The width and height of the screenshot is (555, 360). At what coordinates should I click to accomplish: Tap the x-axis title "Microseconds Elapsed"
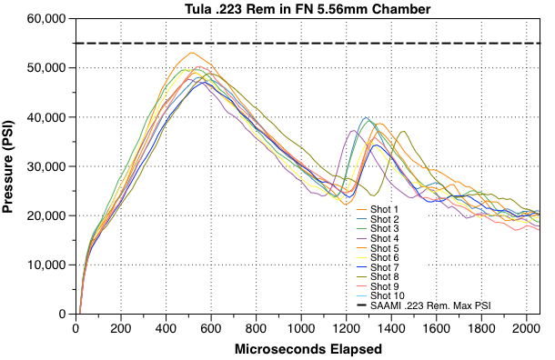[x=307, y=349]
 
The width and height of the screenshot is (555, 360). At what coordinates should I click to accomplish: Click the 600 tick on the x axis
[x=211, y=327]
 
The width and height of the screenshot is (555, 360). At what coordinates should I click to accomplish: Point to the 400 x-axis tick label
[x=166, y=327]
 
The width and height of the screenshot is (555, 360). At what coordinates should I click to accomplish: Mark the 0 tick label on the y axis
[x=64, y=315]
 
